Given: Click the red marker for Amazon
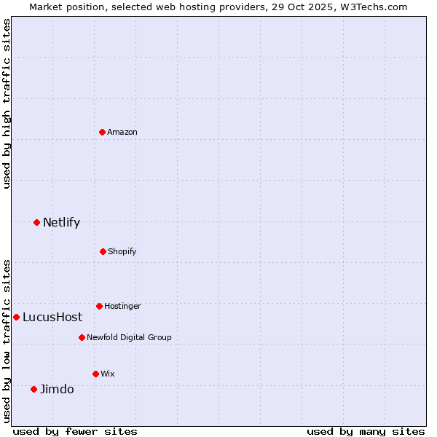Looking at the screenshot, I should point(103,132).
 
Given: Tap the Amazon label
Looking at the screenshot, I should point(122,132).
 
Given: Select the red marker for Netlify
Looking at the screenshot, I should point(37,222).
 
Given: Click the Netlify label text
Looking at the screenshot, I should point(61,223).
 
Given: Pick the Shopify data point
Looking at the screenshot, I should point(103,251).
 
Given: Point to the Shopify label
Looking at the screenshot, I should point(122,251).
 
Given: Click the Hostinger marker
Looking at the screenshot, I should point(99,306).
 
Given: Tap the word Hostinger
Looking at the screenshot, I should point(122,306).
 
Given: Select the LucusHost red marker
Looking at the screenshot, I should point(16,317).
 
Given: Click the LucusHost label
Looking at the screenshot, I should point(52,318).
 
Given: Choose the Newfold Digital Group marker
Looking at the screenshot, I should point(82,337).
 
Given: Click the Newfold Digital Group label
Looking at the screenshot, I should point(129,337).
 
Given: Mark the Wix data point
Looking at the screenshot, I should point(95,374).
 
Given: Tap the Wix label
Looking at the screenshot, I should point(108,374).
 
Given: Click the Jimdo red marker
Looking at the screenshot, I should point(34,389).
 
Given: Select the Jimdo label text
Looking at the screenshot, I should point(57,390).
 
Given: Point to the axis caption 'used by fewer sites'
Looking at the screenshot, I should point(75,431).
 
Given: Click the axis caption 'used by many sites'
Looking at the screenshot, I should point(366,431).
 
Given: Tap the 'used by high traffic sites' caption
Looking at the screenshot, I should point(7,103).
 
